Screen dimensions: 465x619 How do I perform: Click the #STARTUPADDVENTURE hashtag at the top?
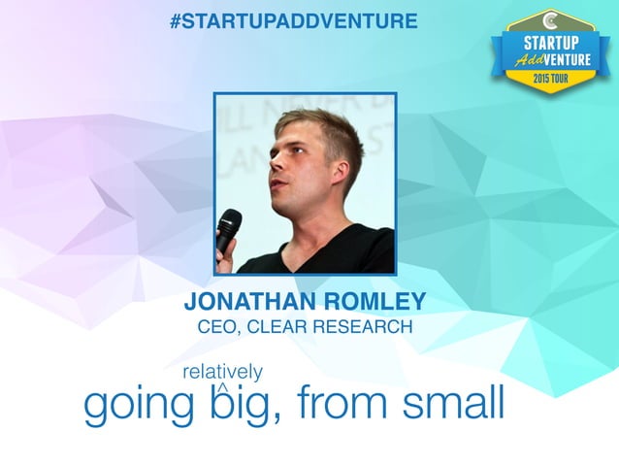pos(293,19)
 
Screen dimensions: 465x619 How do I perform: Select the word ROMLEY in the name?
pos(374,304)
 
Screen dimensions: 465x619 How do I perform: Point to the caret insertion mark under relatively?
pos(222,387)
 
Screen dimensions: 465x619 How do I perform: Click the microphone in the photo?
pos(228,231)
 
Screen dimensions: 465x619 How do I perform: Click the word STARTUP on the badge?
pos(548,43)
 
